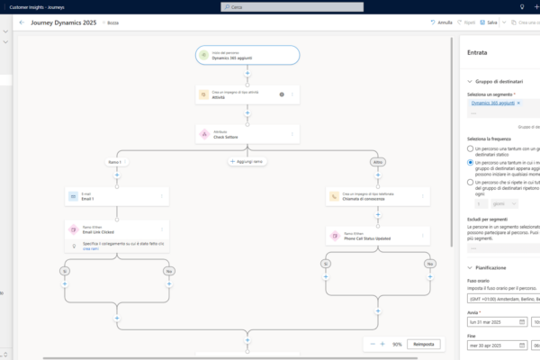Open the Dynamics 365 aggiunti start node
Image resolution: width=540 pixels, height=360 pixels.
tap(247, 55)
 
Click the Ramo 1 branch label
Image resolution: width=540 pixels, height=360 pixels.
tap(114, 162)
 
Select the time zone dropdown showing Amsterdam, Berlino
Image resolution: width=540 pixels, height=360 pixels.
tap(501, 298)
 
